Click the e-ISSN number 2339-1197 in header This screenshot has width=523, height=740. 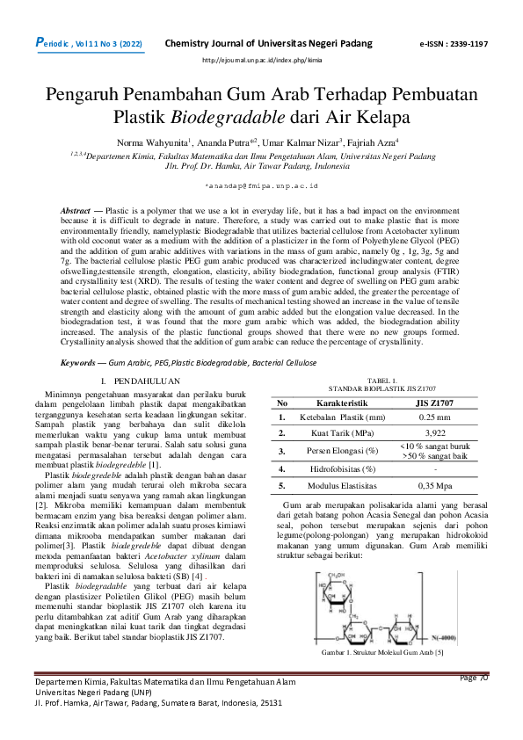[x=466, y=43]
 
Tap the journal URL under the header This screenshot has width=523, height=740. [x=262, y=60]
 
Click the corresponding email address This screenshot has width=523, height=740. [x=261, y=187]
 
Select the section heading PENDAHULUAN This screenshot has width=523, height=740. [x=149, y=380]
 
